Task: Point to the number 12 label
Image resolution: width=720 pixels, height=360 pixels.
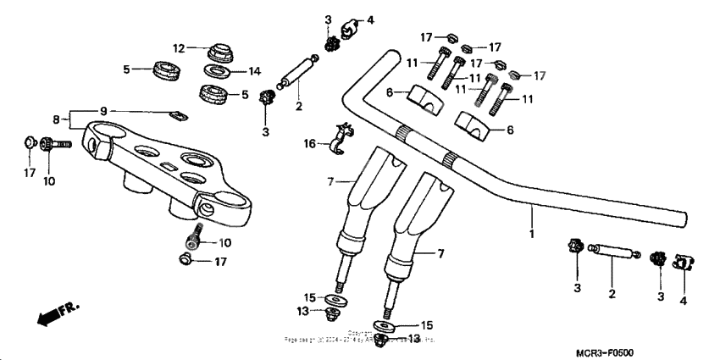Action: [180, 47]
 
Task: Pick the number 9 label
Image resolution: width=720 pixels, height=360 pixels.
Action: [104, 111]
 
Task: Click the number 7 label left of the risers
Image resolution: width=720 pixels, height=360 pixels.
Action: [332, 181]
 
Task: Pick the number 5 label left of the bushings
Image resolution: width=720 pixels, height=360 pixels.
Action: [126, 69]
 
